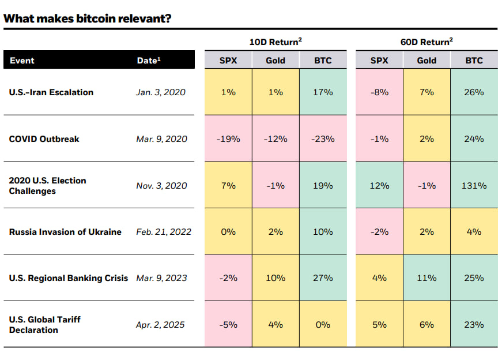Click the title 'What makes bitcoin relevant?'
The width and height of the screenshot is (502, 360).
pyautogui.click(x=87, y=18)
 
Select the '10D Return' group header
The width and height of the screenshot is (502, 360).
pyautogui.click(x=275, y=42)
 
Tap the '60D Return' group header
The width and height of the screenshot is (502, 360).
pyautogui.click(x=426, y=42)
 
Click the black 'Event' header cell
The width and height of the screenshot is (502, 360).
pyautogui.click(x=22, y=61)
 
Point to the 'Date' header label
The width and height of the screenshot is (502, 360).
pyautogui.click(x=148, y=61)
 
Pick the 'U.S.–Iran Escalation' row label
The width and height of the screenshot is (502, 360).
pyautogui.click(x=51, y=92)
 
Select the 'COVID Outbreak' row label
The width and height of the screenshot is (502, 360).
pyautogui.click(x=44, y=139)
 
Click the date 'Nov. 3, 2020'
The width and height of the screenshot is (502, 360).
pyautogui.click(x=162, y=186)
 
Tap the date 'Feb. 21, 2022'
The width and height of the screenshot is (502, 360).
pyautogui.click(x=164, y=232)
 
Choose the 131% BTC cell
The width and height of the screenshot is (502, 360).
pyautogui.click(x=474, y=186)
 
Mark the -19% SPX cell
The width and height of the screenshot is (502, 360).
pyautogui.click(x=228, y=139)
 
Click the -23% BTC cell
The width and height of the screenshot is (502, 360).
pyautogui.click(x=323, y=139)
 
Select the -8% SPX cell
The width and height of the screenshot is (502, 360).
pyautogui.click(x=379, y=92)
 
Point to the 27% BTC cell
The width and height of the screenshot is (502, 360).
pyautogui.click(x=323, y=278)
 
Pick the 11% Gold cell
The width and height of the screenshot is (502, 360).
pyautogui.click(x=426, y=278)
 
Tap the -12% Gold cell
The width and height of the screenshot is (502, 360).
pyautogui.click(x=275, y=139)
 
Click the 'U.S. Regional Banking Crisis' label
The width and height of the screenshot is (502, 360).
pyautogui.click(x=69, y=278)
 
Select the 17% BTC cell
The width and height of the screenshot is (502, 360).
pyautogui.click(x=323, y=92)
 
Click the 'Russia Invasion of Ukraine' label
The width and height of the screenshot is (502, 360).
pyautogui.click(x=65, y=232)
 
